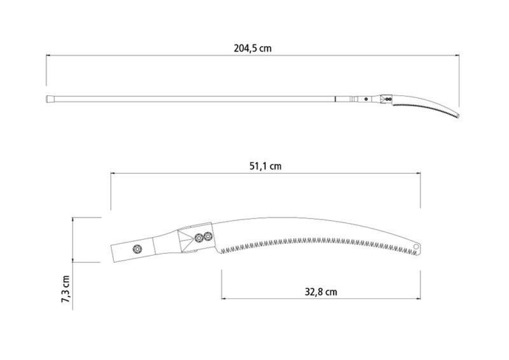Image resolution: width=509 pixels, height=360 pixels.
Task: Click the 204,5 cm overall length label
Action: coord(253,48)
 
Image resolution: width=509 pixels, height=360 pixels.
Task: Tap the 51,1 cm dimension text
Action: coord(265,166)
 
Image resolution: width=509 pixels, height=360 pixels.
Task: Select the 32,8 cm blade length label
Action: coord(321,292)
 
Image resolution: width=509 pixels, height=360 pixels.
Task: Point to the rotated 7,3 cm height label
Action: coord(66,289)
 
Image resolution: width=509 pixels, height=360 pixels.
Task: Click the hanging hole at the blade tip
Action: coord(416,247)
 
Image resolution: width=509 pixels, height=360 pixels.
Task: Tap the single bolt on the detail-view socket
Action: coord(137,249)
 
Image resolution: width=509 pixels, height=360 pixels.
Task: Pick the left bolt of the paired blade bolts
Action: coord(199,239)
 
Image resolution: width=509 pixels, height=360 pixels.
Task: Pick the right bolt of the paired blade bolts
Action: coord(208,237)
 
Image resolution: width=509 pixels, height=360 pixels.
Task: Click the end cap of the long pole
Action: coord(50,99)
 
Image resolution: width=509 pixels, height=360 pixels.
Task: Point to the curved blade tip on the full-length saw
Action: coord(457,116)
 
